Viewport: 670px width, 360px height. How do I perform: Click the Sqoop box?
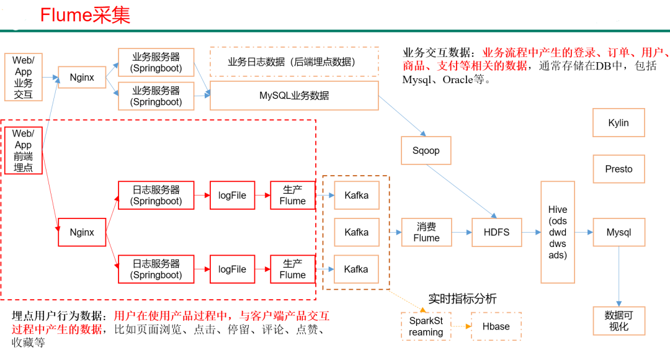426,151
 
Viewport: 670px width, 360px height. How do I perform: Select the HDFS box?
496,232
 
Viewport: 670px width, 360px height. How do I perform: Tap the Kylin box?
619,123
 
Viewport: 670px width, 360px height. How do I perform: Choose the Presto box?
619,169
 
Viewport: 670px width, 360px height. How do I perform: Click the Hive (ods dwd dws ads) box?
557,232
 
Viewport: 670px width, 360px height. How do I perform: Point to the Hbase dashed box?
496,326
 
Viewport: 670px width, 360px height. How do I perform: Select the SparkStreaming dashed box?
426,326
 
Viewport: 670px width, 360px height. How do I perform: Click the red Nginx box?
82,232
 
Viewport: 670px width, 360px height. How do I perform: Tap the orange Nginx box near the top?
82,78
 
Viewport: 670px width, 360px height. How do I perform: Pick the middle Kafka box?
356,232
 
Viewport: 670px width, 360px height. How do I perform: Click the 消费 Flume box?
426,232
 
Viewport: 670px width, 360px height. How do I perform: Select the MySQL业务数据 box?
294,96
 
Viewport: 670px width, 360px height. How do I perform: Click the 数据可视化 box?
619,320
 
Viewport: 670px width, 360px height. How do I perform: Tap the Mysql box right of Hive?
619,232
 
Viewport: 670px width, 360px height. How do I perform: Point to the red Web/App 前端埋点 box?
23,150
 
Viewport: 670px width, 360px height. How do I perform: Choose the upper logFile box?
232,196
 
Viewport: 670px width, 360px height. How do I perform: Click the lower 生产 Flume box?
292,269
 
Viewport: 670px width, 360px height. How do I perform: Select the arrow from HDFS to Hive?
531,232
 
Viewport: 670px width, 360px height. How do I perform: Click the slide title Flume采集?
85,15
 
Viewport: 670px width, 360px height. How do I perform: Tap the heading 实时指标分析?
462,299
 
